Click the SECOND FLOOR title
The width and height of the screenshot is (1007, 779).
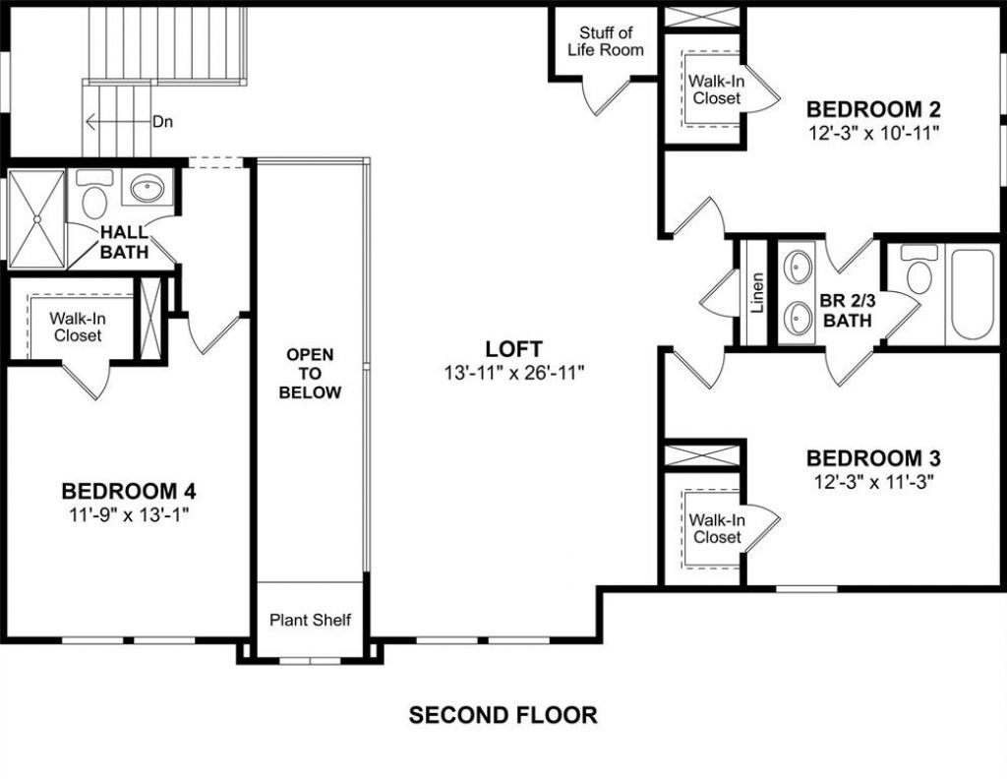click(x=503, y=715)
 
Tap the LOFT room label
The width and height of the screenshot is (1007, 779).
click(x=513, y=349)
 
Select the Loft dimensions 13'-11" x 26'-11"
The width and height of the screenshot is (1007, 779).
click(x=513, y=373)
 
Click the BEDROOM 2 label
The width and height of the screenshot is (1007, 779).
click(x=873, y=109)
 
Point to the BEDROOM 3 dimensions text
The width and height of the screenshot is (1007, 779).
click(x=873, y=482)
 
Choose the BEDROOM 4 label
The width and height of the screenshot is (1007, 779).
click(x=129, y=491)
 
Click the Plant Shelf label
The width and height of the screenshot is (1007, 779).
click(x=310, y=620)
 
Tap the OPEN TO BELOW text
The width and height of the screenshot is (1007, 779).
click(x=310, y=373)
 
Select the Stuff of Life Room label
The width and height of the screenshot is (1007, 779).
click(x=605, y=41)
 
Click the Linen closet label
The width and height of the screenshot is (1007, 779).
click(x=757, y=292)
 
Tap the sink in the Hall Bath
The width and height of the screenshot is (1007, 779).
click(x=148, y=188)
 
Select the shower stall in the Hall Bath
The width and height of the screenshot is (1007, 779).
click(x=36, y=219)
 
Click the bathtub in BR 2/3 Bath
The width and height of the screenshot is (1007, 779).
click(x=973, y=294)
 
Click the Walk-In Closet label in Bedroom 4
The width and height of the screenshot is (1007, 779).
click(x=78, y=327)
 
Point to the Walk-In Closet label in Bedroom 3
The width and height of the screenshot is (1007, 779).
click(x=717, y=528)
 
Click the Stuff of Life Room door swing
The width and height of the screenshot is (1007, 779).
click(x=607, y=96)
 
